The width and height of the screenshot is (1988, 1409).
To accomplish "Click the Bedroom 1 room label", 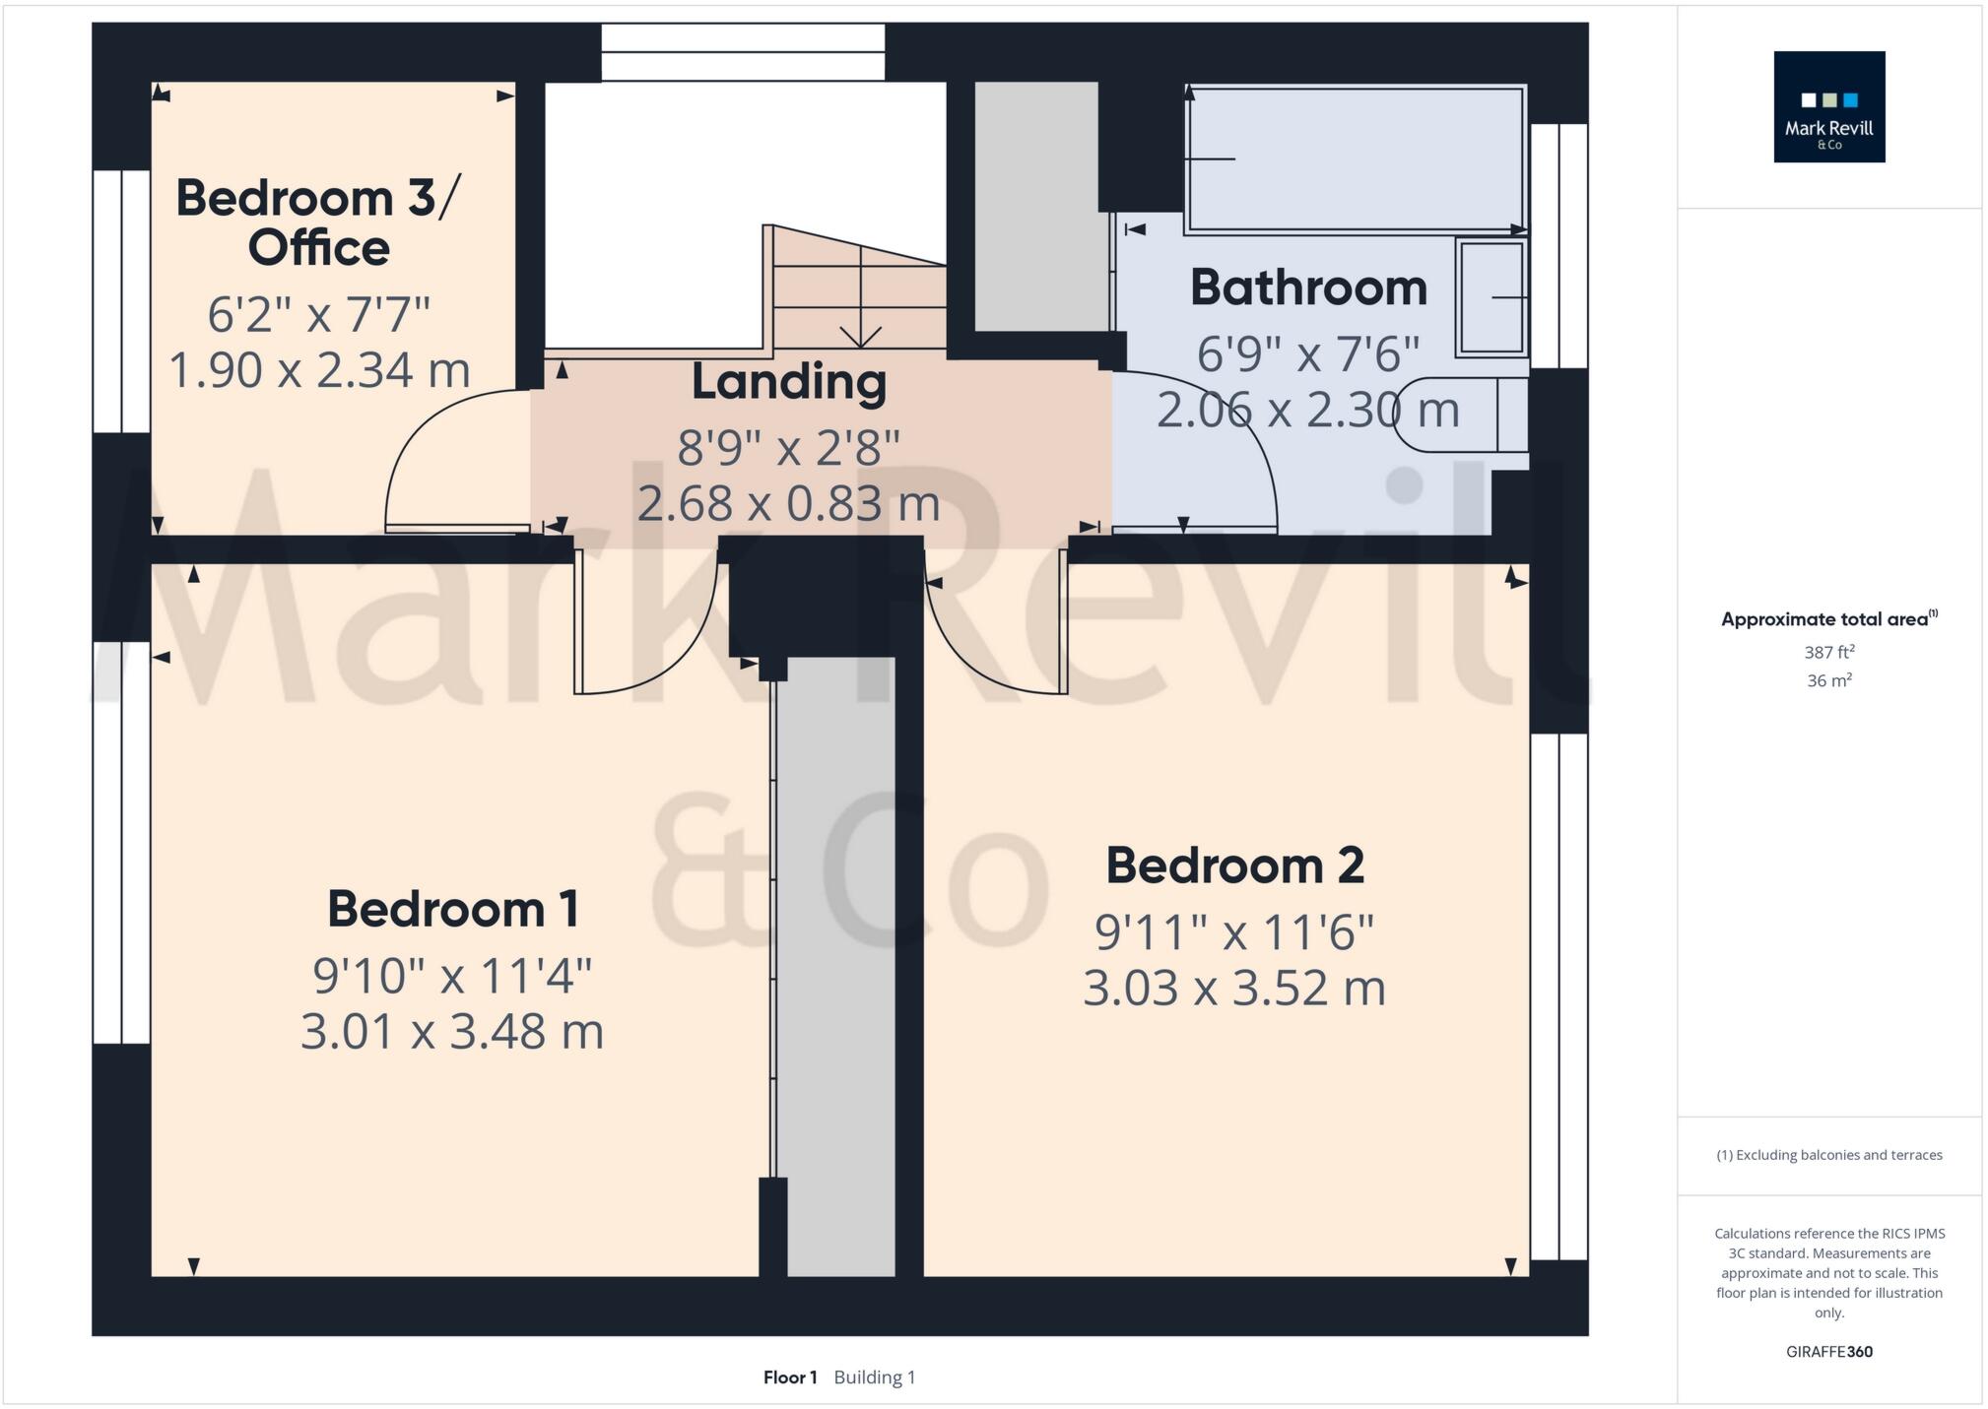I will coord(452,909).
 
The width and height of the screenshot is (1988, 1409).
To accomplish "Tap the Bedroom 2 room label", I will coord(1234,866).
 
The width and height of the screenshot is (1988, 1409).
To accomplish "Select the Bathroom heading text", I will coord(1308,288).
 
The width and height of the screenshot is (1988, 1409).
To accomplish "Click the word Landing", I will coord(788,382).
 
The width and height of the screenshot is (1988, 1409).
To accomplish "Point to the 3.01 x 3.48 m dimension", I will coord(452,1032).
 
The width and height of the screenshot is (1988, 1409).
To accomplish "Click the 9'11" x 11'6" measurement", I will coord(1234,932).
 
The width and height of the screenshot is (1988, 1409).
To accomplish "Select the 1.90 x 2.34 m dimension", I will coord(319,370).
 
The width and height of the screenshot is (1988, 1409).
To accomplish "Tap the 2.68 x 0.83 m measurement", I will coord(788,503).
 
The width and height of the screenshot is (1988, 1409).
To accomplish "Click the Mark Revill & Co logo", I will coord(1828,106).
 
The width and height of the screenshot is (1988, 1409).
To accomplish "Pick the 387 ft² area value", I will coord(1828,652).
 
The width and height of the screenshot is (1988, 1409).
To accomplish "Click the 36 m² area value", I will coord(1828,680).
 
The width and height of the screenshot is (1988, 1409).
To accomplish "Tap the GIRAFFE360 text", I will coord(1828,1352).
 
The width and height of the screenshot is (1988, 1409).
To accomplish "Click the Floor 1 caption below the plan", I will coord(790,1377).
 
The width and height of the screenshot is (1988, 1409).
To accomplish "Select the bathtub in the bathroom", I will coord(1356,160).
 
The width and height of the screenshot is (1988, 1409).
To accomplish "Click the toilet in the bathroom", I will coord(1458,415).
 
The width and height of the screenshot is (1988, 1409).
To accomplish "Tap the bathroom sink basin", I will coord(1491,297).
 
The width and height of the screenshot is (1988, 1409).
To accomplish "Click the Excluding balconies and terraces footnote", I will coord(1828,1155).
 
